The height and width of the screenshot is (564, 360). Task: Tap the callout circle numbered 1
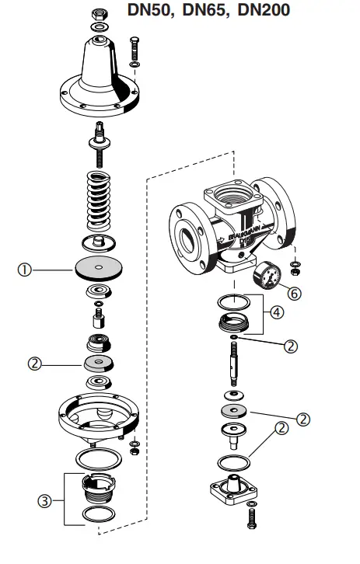[x=25, y=270]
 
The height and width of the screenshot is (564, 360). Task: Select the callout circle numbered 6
[x=293, y=293]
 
